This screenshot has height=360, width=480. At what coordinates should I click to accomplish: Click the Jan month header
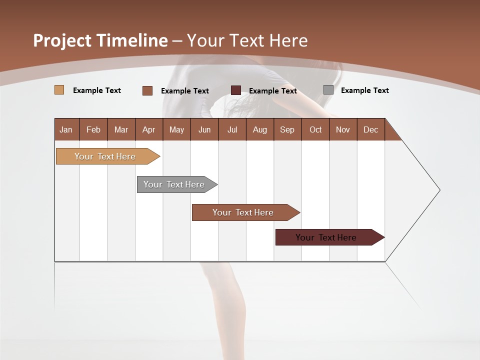tap(66, 129)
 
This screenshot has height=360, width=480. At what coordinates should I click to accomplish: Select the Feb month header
tap(93, 129)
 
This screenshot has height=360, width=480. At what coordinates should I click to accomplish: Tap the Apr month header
tap(148, 129)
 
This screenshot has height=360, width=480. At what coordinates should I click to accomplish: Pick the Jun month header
tap(204, 129)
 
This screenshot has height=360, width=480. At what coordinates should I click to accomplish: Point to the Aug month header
tap(259, 129)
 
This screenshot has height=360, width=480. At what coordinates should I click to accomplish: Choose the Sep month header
tap(287, 129)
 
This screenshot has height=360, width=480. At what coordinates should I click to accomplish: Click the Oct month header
tap(315, 129)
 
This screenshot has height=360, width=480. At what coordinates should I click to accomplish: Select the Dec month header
tap(370, 129)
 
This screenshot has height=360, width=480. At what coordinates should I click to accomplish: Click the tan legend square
tap(59, 90)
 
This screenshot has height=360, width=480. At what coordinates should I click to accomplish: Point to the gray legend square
tap(328, 90)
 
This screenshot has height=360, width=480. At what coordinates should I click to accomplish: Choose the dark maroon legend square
tap(236, 90)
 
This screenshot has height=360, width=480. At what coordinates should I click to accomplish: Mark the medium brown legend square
tap(147, 90)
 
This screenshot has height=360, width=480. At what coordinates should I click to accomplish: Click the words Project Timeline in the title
tap(100, 40)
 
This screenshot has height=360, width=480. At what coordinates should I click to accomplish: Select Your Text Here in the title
tap(247, 40)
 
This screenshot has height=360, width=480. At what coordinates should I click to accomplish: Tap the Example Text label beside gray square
tap(364, 90)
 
